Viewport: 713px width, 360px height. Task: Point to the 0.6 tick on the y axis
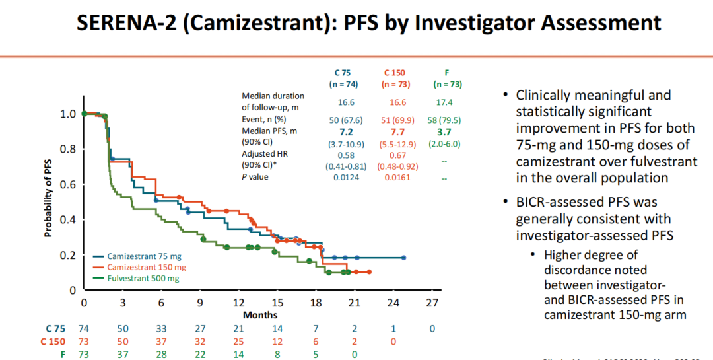(69, 184)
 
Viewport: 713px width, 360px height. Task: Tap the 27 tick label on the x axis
(432, 303)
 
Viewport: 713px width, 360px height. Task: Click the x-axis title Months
(260, 315)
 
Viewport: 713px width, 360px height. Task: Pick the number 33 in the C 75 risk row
(161, 329)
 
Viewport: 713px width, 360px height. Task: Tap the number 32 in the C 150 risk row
(199, 342)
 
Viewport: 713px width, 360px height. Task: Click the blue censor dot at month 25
(404, 258)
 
